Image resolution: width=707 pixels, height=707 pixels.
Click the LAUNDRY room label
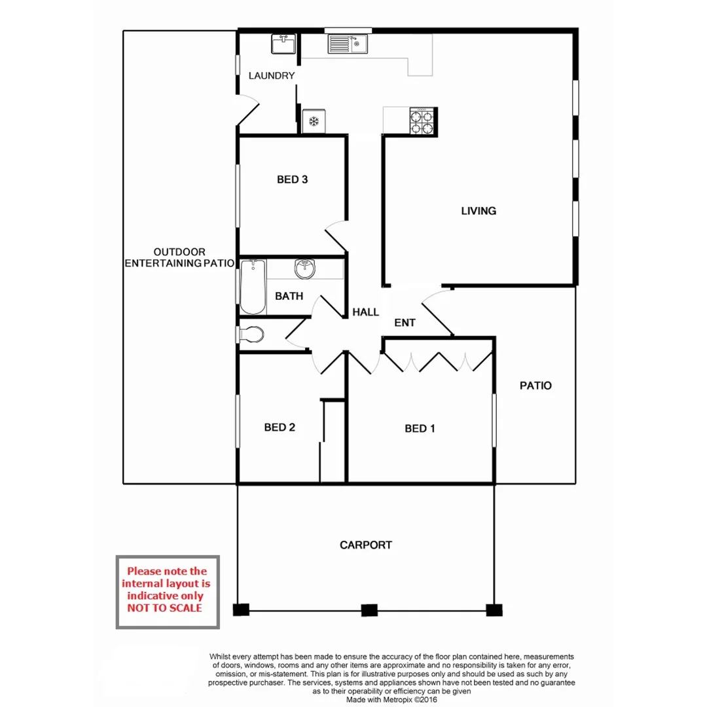(x=272, y=76)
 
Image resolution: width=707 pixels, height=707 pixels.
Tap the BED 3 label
(x=292, y=179)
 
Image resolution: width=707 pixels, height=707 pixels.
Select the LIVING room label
(x=479, y=211)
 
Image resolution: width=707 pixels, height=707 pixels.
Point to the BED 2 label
(x=280, y=427)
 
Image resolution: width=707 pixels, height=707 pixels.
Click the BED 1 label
(x=420, y=429)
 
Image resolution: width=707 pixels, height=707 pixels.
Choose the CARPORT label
(x=366, y=545)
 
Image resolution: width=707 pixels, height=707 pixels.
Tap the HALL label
(x=365, y=312)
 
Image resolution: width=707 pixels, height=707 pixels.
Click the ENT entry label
(x=405, y=323)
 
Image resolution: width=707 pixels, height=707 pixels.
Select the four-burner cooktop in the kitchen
(x=422, y=122)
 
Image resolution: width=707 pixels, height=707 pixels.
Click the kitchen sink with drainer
(x=348, y=45)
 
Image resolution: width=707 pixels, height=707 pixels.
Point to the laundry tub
(x=284, y=45)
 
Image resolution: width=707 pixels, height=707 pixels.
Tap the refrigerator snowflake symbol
(x=314, y=121)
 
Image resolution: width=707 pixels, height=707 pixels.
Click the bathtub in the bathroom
(x=253, y=287)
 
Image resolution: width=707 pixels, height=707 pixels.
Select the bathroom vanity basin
(x=304, y=268)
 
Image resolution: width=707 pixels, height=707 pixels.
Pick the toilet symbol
(x=251, y=335)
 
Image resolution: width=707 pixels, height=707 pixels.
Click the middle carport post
(x=370, y=611)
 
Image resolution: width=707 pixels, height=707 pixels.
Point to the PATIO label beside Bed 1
(x=535, y=386)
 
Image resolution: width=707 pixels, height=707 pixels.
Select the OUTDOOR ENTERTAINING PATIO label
(x=179, y=257)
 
